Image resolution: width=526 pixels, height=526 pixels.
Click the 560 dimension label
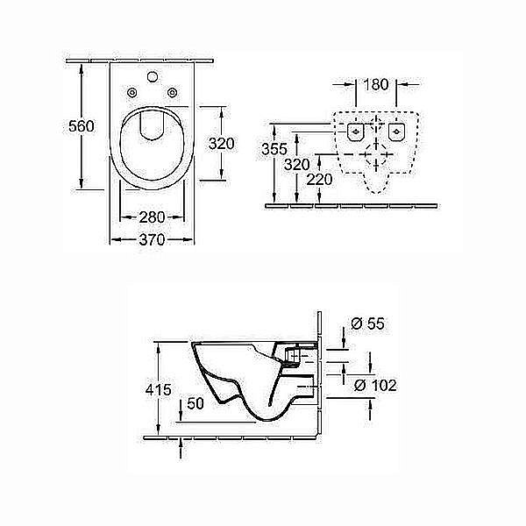[82, 126]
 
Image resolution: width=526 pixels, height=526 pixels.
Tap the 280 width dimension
[152, 217]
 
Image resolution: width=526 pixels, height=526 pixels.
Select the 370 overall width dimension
[152, 239]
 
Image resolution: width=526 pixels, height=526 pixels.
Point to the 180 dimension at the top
[376, 84]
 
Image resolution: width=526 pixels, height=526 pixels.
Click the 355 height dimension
[274, 149]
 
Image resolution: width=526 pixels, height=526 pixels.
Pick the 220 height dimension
[319, 180]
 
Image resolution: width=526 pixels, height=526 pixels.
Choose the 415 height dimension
[159, 390]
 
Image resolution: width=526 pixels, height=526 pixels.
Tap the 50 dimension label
[195, 403]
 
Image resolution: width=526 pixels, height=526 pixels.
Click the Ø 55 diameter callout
[367, 323]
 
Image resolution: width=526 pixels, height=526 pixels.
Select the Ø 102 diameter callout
[375, 386]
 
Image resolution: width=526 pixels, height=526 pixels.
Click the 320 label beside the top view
[222, 144]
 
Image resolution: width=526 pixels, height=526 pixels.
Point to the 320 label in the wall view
[297, 165]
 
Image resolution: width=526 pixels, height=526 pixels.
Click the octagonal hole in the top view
[153, 76]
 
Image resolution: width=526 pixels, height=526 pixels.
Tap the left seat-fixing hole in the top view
[131, 92]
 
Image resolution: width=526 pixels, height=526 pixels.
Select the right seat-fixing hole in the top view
[173, 92]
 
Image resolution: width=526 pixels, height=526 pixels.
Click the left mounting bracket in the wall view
[355, 131]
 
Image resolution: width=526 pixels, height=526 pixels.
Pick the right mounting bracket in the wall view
[397, 131]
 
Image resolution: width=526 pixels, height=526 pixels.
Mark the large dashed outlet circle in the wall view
[376, 154]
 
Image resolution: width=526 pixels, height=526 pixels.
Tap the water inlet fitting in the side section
[293, 356]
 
